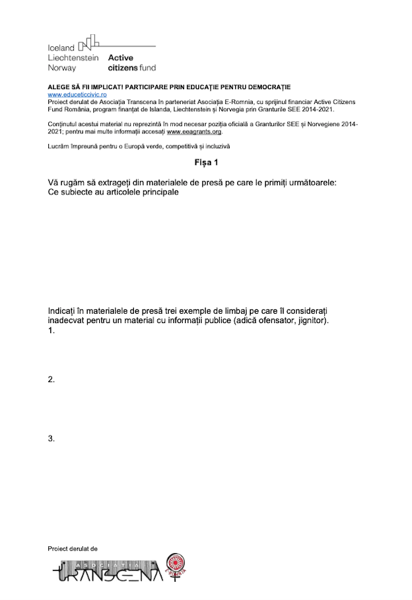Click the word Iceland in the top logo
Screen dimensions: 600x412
point(61,48)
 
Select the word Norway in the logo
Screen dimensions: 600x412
point(62,68)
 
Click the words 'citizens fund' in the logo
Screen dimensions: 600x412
point(132,68)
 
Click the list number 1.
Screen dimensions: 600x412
point(52,331)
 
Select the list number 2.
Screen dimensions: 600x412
point(52,379)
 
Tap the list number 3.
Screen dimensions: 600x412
point(52,438)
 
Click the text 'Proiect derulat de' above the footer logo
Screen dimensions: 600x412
point(72,548)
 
